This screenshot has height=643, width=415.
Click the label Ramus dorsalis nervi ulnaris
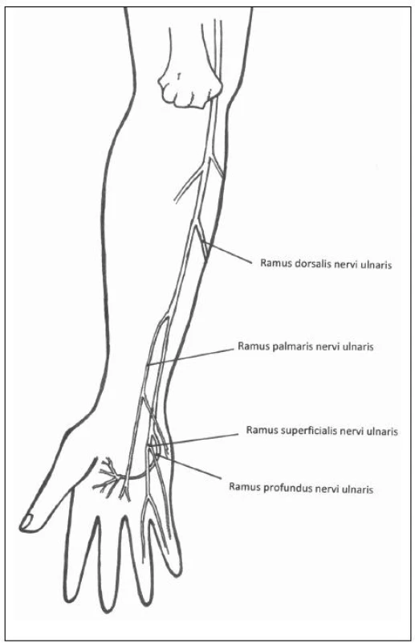[x=326, y=264]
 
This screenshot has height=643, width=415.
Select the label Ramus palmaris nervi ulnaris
[x=306, y=347]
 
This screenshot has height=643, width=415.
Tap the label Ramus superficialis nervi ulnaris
[x=322, y=431]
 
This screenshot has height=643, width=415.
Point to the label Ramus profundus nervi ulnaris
[x=301, y=488]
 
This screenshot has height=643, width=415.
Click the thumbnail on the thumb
[x=27, y=521]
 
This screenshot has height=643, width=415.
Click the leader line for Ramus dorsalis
[x=227, y=253]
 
